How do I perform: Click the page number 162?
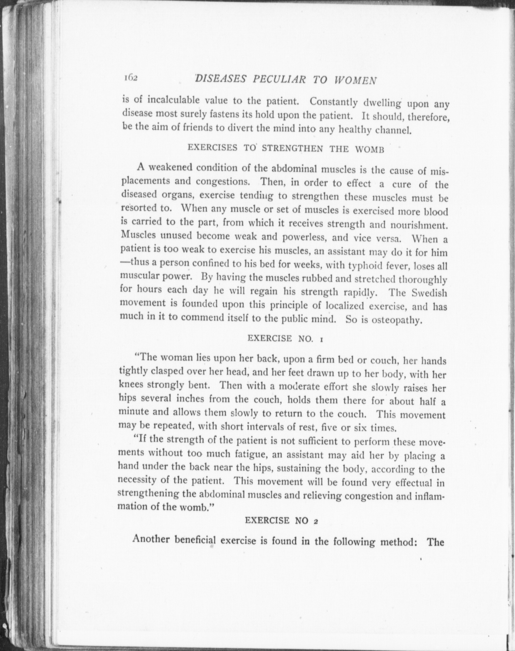click(x=131, y=78)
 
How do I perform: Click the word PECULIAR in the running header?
click(x=280, y=80)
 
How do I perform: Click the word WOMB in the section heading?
click(x=370, y=149)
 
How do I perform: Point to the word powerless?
click(x=304, y=238)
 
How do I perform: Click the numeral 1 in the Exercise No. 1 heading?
click(x=321, y=339)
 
